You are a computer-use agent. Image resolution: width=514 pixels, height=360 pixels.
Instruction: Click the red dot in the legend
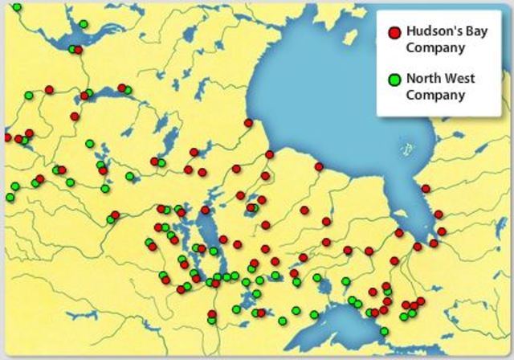[394, 33]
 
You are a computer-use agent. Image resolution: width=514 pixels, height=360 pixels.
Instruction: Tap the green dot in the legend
[394, 80]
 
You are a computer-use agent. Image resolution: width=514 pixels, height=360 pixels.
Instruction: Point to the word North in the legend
[422, 80]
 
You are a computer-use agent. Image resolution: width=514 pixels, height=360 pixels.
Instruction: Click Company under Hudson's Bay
[435, 47]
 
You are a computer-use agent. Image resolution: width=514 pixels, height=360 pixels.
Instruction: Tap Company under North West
[435, 95]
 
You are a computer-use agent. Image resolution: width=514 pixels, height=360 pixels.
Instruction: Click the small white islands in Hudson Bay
[409, 149]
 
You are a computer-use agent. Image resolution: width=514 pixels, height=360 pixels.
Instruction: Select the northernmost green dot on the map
[17, 7]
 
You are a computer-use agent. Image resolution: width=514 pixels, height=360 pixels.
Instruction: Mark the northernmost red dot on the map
[78, 50]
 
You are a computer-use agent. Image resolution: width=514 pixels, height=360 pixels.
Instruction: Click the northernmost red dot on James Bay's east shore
[426, 189]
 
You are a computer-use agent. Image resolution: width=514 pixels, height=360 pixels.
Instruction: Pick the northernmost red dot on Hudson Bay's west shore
[248, 123]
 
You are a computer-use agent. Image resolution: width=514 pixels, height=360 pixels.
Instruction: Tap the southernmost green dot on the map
[384, 331]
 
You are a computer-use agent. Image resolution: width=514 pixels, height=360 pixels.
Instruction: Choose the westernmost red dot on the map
[7, 137]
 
